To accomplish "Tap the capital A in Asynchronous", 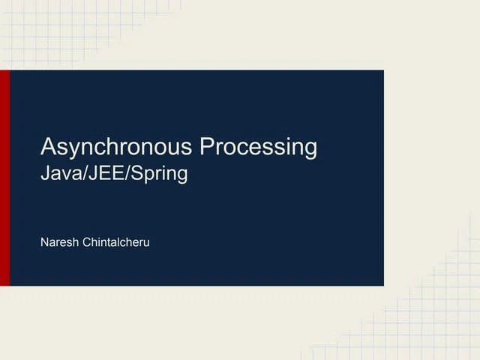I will click(x=48, y=146).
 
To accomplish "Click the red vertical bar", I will click(x=4, y=178).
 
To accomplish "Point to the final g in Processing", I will click(x=310, y=149).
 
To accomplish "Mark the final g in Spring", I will click(x=181, y=178).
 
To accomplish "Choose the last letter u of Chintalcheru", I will click(x=146, y=244).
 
